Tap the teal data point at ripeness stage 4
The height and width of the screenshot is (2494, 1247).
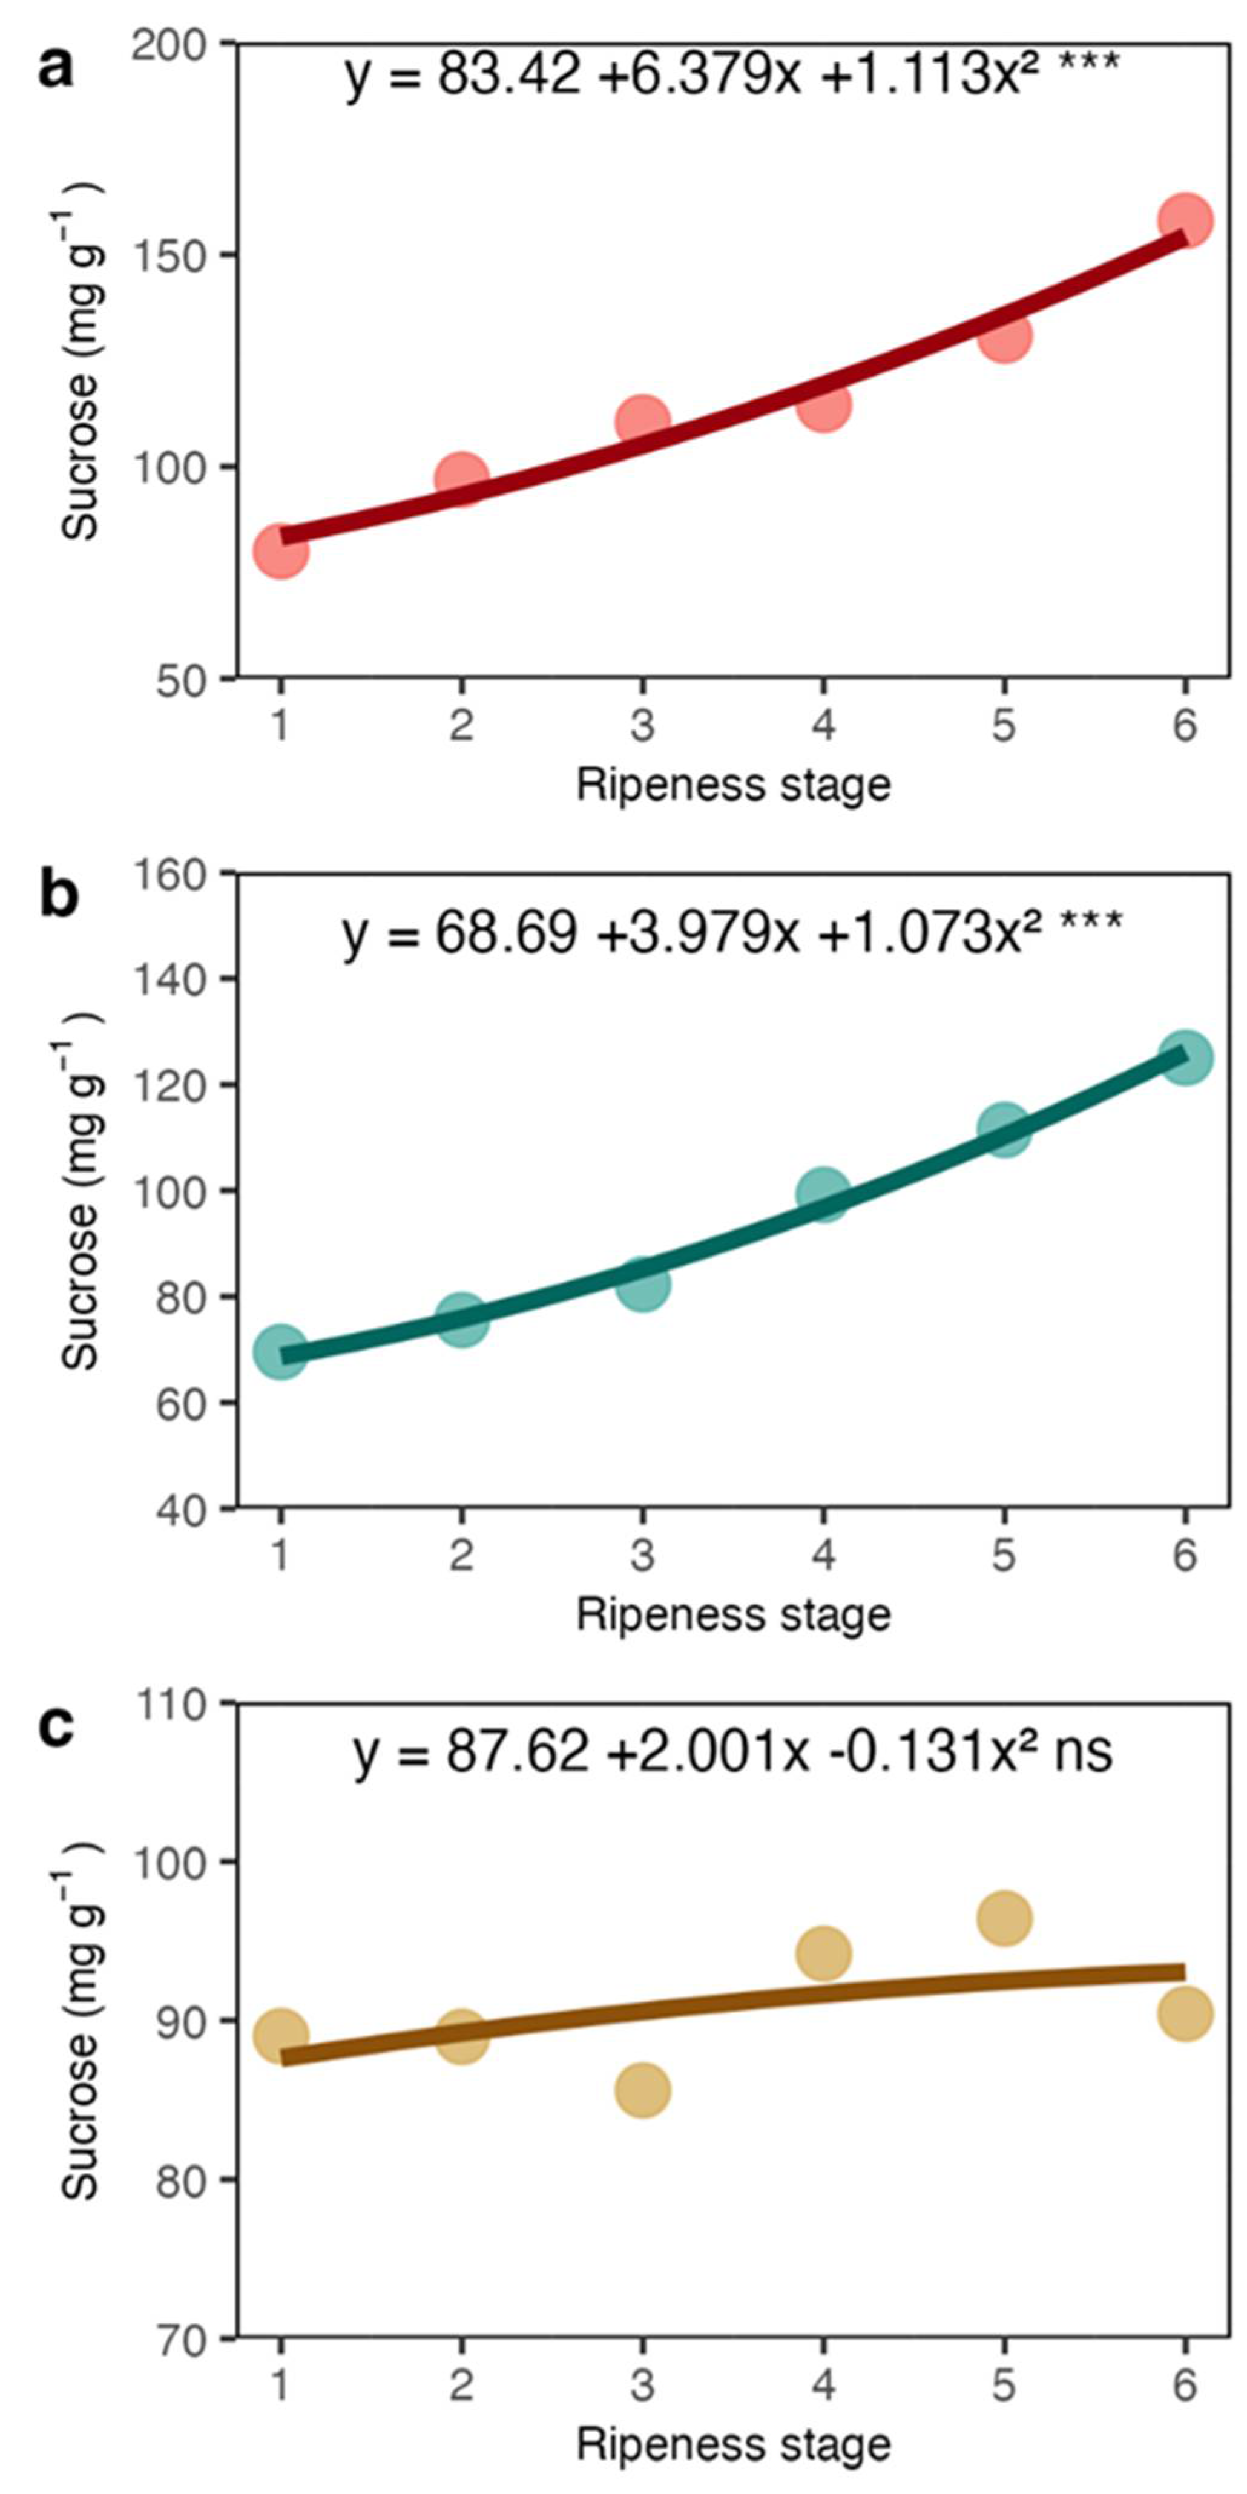click(823, 1195)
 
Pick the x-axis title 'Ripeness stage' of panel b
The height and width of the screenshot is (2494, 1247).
click(733, 1615)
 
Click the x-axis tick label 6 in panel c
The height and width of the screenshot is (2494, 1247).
click(1184, 2386)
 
